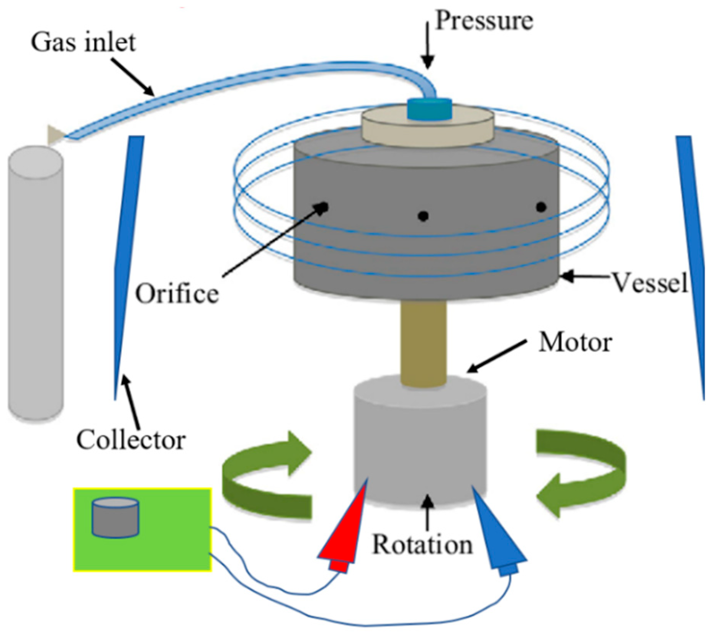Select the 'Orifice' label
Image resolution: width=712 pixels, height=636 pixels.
coord(177,294)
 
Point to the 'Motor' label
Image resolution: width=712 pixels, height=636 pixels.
coord(575,342)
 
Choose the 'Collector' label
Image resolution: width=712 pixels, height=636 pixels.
coord(131,440)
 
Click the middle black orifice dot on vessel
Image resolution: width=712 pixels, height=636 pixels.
coord(423,216)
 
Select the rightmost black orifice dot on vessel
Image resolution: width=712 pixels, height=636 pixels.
coord(541,207)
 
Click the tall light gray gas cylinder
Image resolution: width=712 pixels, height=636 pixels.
coord(36,283)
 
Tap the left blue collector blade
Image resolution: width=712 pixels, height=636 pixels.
coord(126,249)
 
